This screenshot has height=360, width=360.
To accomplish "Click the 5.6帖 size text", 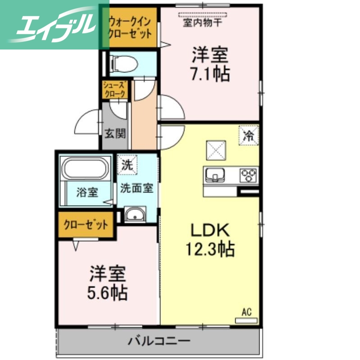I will point(107,293).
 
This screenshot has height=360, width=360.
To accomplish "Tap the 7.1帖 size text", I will point(210,73).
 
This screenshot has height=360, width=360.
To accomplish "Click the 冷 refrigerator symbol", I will point(249,134).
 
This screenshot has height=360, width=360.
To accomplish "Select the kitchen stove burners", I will point(248,174).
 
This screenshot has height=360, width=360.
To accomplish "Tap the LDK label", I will point(210,230).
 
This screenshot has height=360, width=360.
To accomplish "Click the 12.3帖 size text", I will point(210,248).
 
